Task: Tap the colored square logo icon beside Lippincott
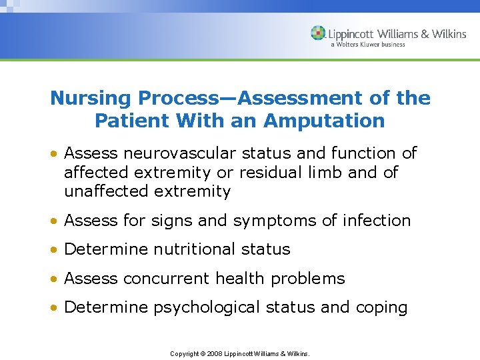click(318, 33)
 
